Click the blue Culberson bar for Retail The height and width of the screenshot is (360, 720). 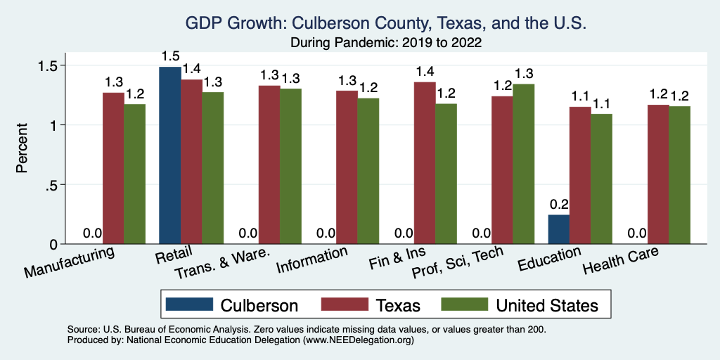[x=170, y=155]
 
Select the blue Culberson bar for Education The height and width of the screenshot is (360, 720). [x=558, y=229]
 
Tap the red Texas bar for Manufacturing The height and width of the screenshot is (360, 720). [x=113, y=168]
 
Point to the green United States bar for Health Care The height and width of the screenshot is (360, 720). [x=679, y=175]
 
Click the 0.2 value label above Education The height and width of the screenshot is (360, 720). [x=558, y=205]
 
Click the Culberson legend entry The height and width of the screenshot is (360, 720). [x=232, y=304]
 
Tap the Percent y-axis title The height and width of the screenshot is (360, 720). [x=22, y=149]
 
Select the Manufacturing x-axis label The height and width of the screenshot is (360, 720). [x=70, y=262]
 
